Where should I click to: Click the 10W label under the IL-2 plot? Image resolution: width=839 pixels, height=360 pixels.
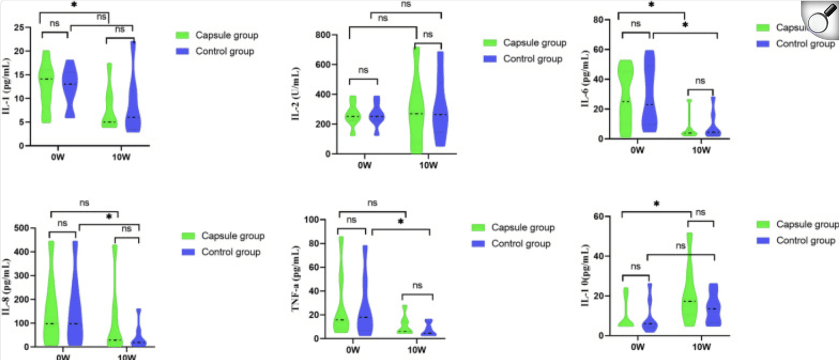coord(429,166)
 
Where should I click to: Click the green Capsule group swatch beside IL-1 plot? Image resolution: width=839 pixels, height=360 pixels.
coord(183,35)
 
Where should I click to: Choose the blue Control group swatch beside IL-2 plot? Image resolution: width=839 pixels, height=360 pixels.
coord(490,59)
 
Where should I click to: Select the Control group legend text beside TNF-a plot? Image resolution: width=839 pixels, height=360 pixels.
coord(521,244)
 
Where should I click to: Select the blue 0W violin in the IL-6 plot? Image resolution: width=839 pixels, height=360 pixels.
coord(650,97)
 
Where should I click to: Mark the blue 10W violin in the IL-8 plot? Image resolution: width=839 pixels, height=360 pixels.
coord(138,334)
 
